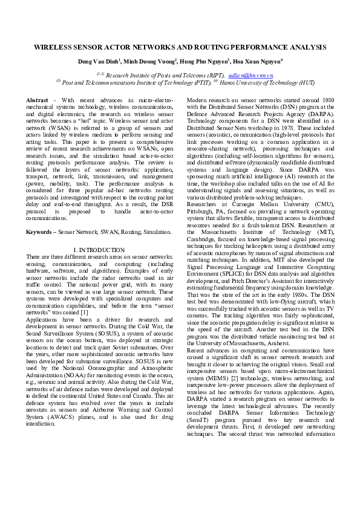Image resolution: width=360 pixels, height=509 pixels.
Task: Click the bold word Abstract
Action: pyautogui.click(x=37, y=100)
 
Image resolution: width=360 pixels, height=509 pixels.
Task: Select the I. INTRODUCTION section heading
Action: pyautogui.click(x=99, y=250)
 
